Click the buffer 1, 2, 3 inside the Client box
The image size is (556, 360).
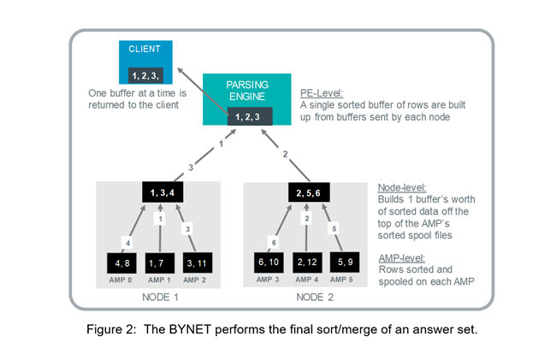tap(145, 76)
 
